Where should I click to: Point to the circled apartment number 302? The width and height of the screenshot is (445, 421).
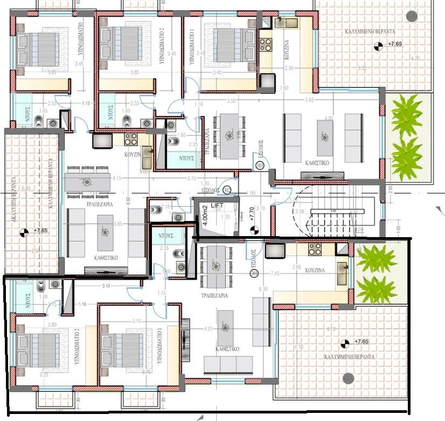(x=227, y=189)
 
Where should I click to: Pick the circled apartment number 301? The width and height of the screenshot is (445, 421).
(x=254, y=274)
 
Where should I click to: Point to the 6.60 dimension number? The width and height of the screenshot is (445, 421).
(x=128, y=201)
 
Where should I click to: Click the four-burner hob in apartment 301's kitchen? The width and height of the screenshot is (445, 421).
(x=315, y=250)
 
